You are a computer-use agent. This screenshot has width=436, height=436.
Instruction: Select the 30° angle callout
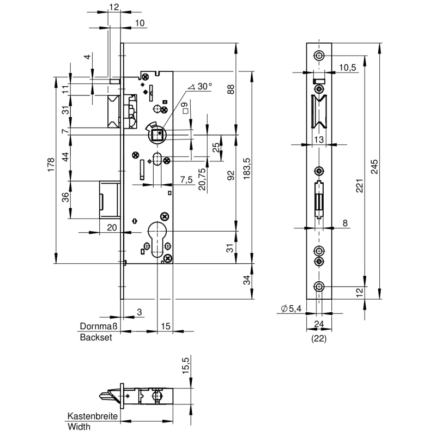201,87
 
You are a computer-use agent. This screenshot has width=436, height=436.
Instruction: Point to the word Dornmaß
97,326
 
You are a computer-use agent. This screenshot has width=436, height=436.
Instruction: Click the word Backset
96,337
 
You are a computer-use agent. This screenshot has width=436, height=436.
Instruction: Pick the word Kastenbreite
93,416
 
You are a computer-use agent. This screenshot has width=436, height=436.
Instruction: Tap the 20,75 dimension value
202,178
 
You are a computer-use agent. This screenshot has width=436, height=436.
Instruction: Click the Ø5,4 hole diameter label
291,309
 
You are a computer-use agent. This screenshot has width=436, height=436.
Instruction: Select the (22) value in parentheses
318,338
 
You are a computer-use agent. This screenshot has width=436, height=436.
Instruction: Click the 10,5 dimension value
347,67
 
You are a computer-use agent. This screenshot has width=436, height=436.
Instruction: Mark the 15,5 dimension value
186,365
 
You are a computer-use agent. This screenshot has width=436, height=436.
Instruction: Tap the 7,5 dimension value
186,180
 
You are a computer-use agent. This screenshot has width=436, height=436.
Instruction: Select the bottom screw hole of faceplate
318,287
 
